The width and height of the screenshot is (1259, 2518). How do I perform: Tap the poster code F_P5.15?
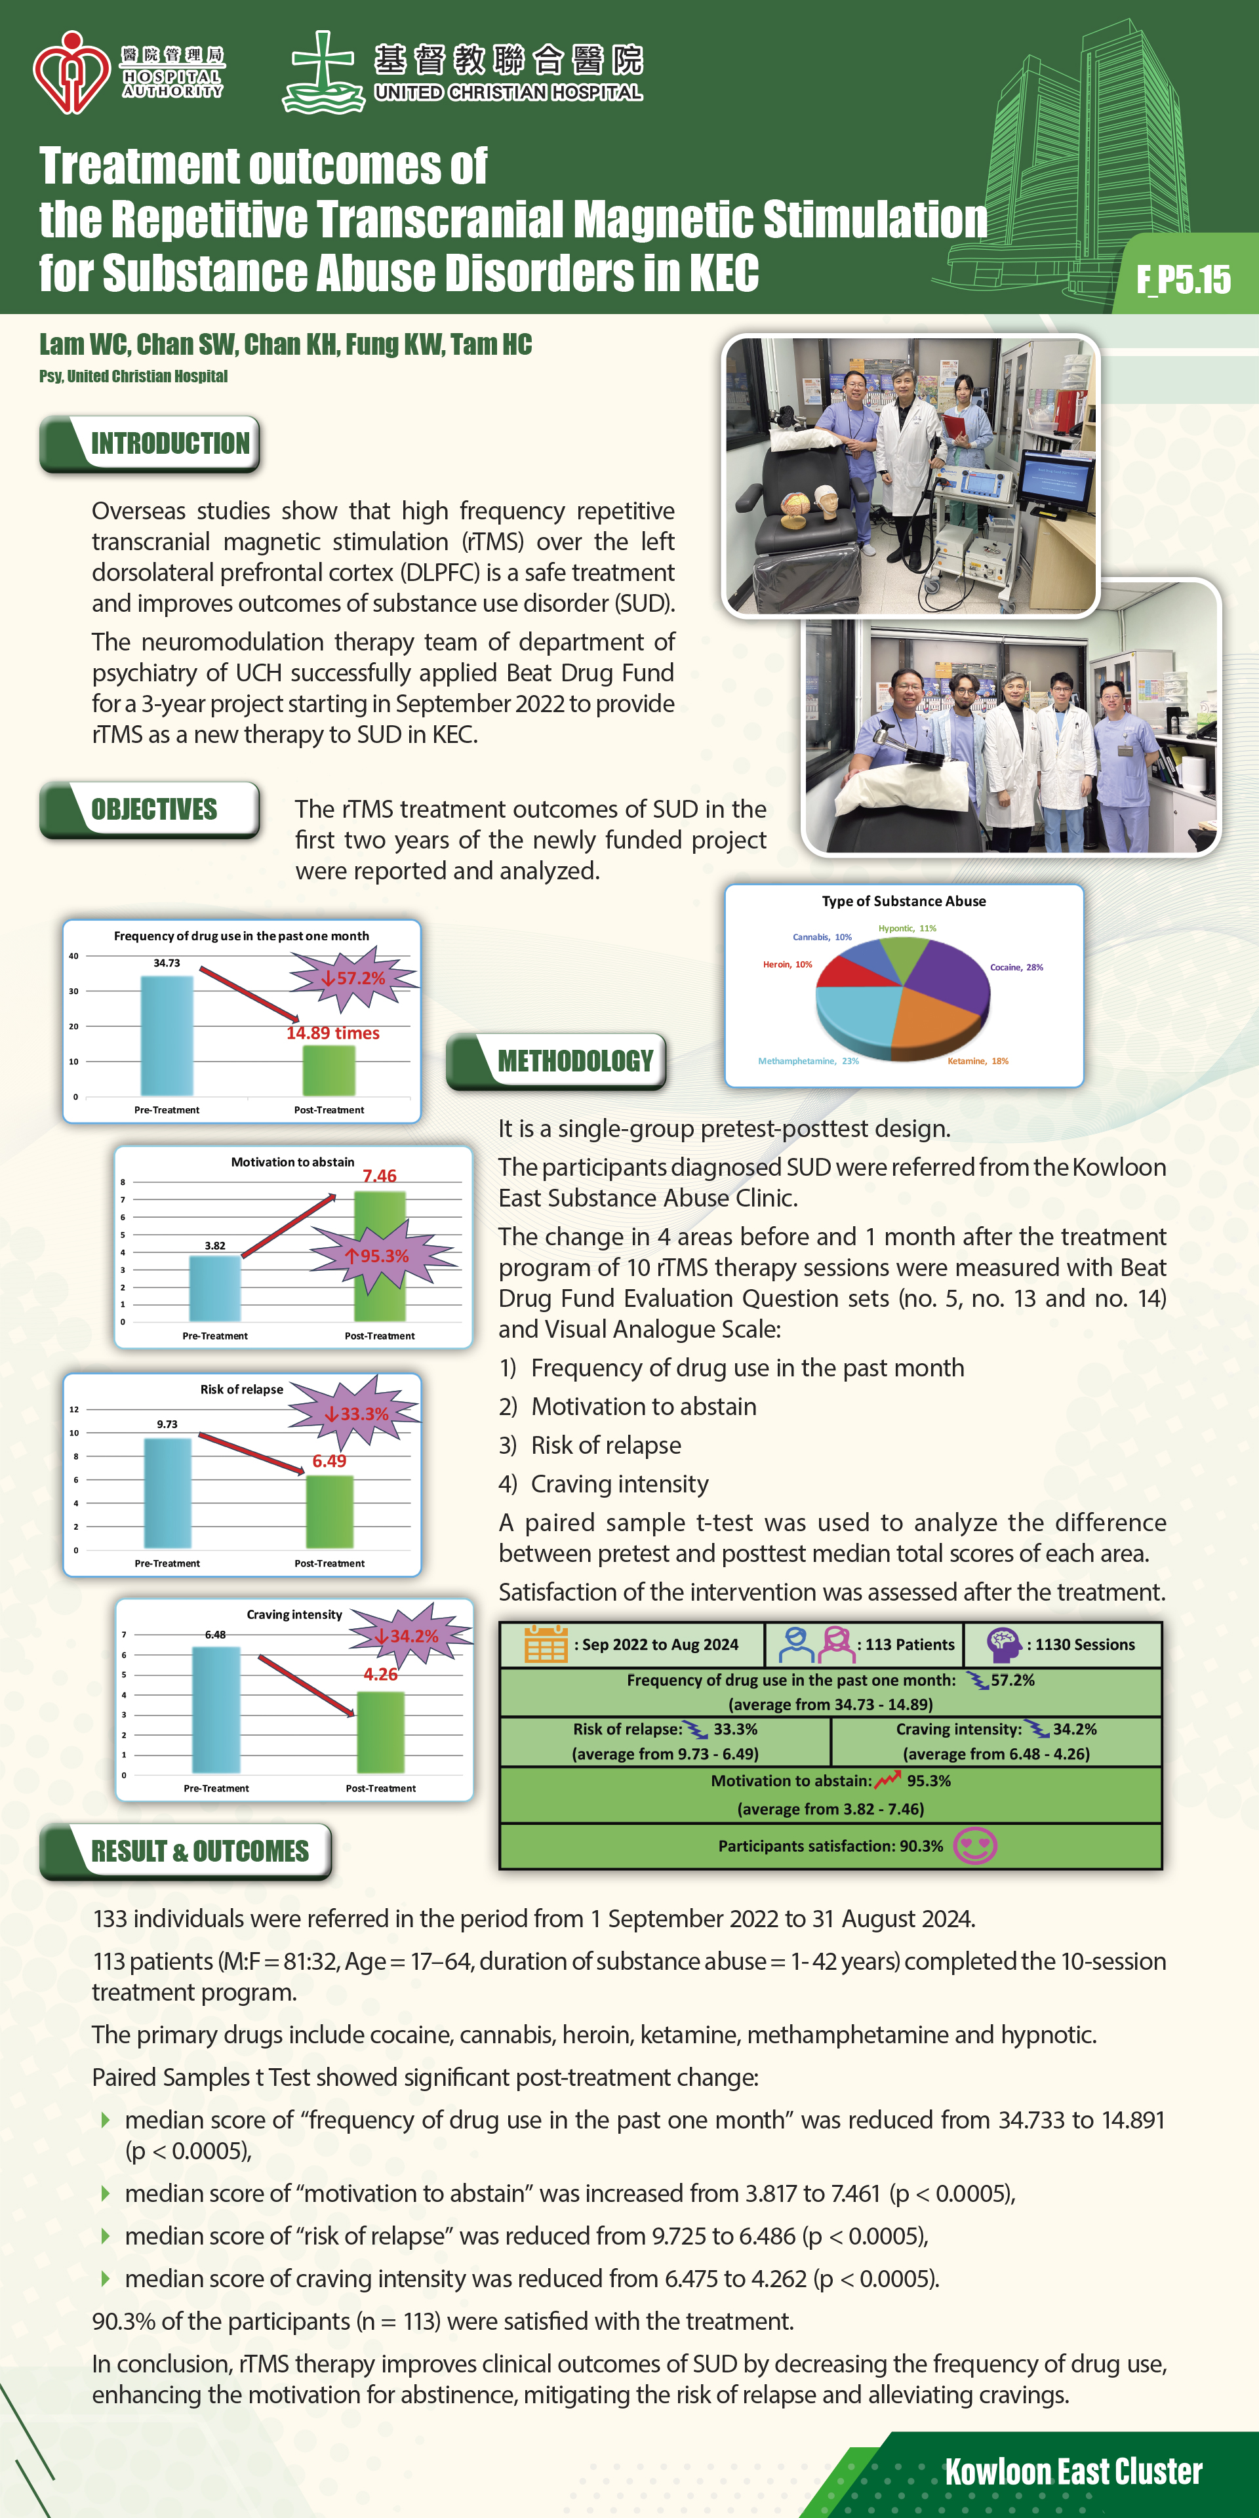(1183, 279)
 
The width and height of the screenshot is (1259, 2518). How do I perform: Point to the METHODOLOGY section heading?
(575, 1060)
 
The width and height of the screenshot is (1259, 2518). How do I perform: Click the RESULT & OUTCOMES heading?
(199, 1851)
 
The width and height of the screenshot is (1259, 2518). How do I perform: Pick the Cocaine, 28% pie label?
(1016, 967)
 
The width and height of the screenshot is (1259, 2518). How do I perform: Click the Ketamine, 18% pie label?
(978, 1060)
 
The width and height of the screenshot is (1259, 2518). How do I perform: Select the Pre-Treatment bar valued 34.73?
(167, 1035)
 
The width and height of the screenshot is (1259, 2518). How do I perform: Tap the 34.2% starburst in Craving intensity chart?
(414, 1635)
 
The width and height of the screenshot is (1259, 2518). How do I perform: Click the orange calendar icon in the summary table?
(546, 1644)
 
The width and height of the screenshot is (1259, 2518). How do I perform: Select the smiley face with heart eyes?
(974, 1845)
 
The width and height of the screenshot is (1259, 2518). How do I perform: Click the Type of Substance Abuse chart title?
(903, 901)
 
